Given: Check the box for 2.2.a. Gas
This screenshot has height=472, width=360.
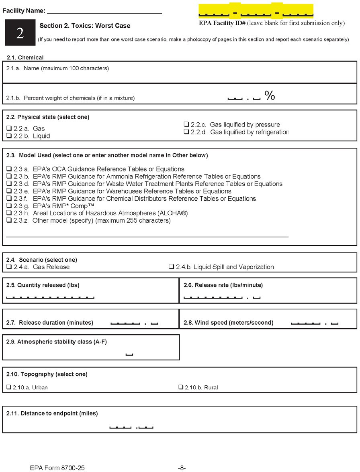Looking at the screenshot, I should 9,129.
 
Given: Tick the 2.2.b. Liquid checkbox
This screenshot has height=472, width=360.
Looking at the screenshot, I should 9,136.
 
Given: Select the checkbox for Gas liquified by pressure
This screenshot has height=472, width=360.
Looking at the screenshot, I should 186,125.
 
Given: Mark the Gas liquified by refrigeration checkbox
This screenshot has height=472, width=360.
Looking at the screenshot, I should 186,132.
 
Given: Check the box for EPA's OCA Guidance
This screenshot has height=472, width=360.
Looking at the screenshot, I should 9,169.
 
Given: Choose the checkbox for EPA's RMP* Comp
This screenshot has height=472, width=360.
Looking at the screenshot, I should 9,206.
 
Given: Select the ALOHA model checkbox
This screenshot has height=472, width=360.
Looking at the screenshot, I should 9,213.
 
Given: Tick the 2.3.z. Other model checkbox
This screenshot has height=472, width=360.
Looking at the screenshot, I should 9,220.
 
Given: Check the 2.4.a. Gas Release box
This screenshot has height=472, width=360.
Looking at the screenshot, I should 9,267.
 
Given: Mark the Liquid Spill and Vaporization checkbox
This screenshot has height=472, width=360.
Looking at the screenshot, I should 171,267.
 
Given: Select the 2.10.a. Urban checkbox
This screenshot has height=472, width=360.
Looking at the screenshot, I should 9,388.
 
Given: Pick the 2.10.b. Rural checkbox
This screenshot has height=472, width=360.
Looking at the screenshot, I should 180,388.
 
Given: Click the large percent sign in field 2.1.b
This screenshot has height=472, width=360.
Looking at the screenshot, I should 270,96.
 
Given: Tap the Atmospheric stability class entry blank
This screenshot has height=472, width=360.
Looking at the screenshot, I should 129,354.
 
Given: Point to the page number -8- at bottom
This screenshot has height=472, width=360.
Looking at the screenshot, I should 182,468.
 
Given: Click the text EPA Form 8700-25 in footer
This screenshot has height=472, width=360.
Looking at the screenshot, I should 57,468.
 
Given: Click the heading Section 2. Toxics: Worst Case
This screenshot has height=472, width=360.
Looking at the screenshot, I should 85,26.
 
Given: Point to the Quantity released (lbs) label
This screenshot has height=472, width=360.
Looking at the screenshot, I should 43,285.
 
